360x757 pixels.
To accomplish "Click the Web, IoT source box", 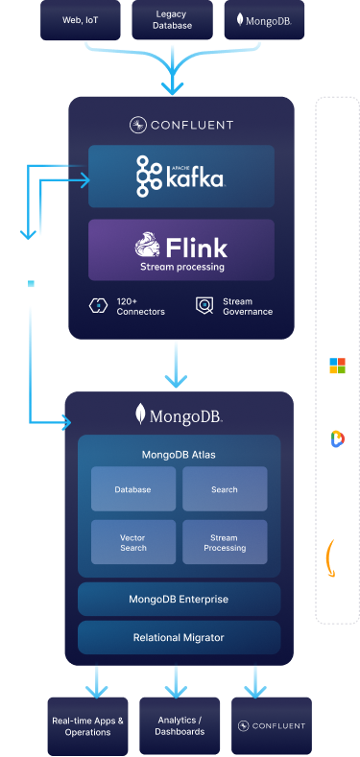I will pos(79,20).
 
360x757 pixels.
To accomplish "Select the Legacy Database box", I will pos(173,20).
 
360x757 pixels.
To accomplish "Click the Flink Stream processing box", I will pos(180,249).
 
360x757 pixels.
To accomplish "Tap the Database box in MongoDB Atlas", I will pos(132,489).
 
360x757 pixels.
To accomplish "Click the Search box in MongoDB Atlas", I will pos(225,489).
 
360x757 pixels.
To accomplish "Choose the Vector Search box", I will pos(132,542).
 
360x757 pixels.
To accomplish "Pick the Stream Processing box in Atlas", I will pos(225,542).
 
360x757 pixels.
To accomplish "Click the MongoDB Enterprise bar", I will pos(180,599).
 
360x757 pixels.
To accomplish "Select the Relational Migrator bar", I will pos(180,637).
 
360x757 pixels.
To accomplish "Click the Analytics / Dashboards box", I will pos(180,725).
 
